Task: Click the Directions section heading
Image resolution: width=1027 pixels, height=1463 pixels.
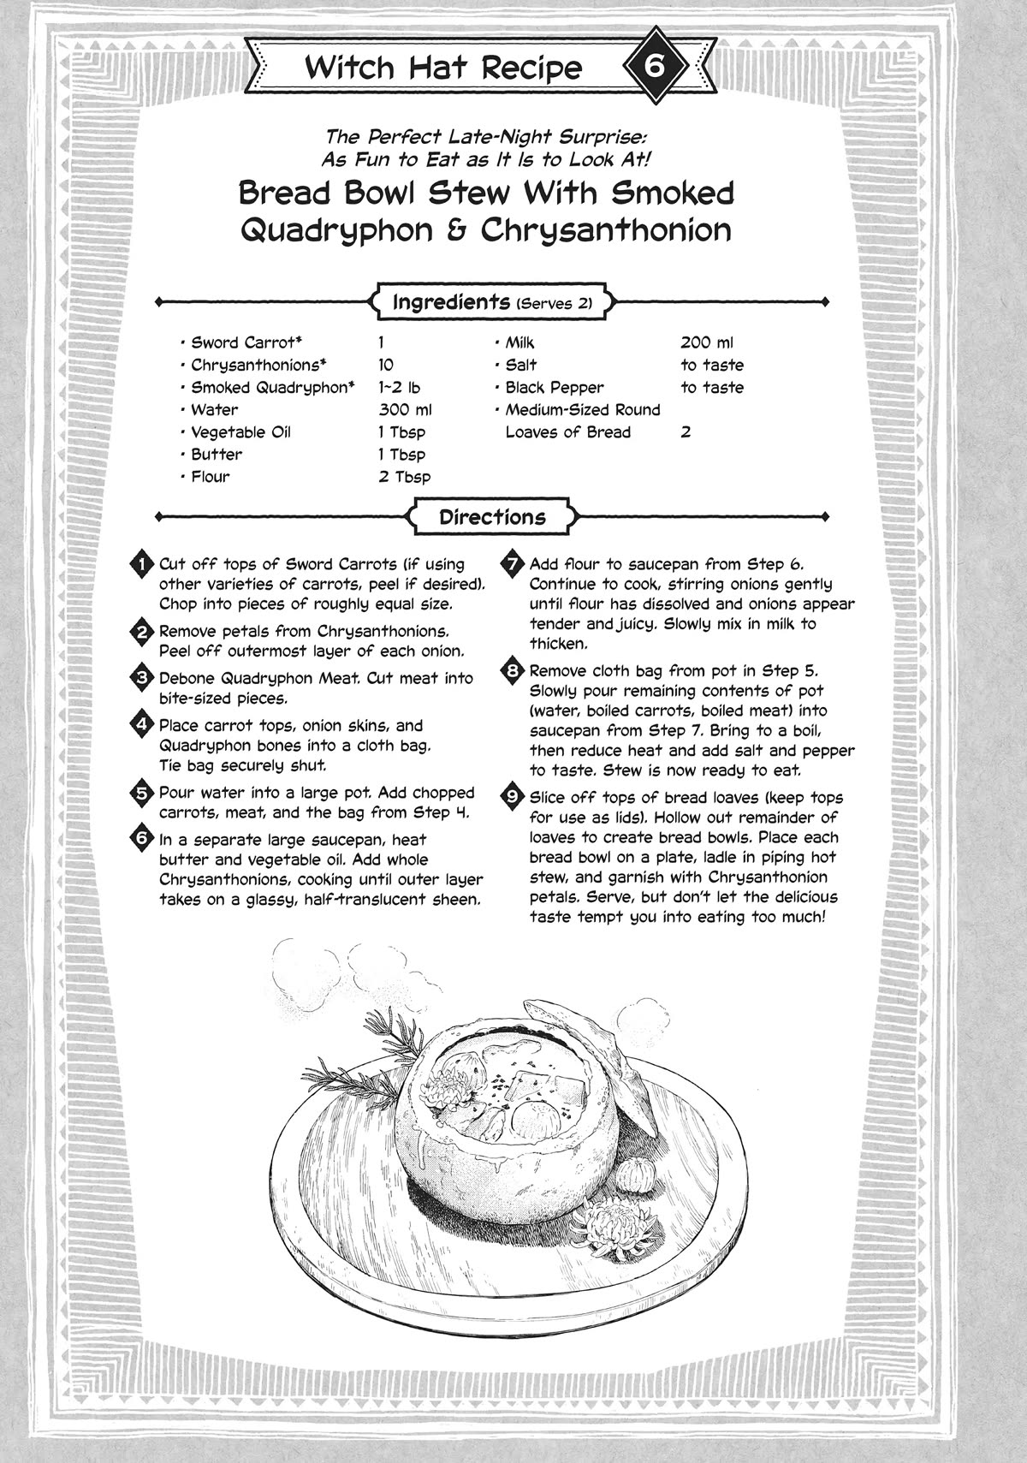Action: pos(492,517)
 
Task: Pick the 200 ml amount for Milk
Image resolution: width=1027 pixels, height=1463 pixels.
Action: pos(707,342)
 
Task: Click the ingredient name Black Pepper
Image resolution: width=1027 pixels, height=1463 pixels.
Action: pos(554,388)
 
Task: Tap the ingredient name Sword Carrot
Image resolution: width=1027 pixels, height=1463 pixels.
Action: pos(241,342)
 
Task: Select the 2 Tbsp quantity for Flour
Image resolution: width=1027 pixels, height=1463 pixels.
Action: pos(405,477)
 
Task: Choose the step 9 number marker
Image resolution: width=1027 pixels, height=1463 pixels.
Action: pos(513,796)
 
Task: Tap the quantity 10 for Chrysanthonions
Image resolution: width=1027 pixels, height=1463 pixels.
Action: pos(386,365)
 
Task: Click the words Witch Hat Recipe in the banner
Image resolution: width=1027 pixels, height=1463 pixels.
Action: pos(443,68)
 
